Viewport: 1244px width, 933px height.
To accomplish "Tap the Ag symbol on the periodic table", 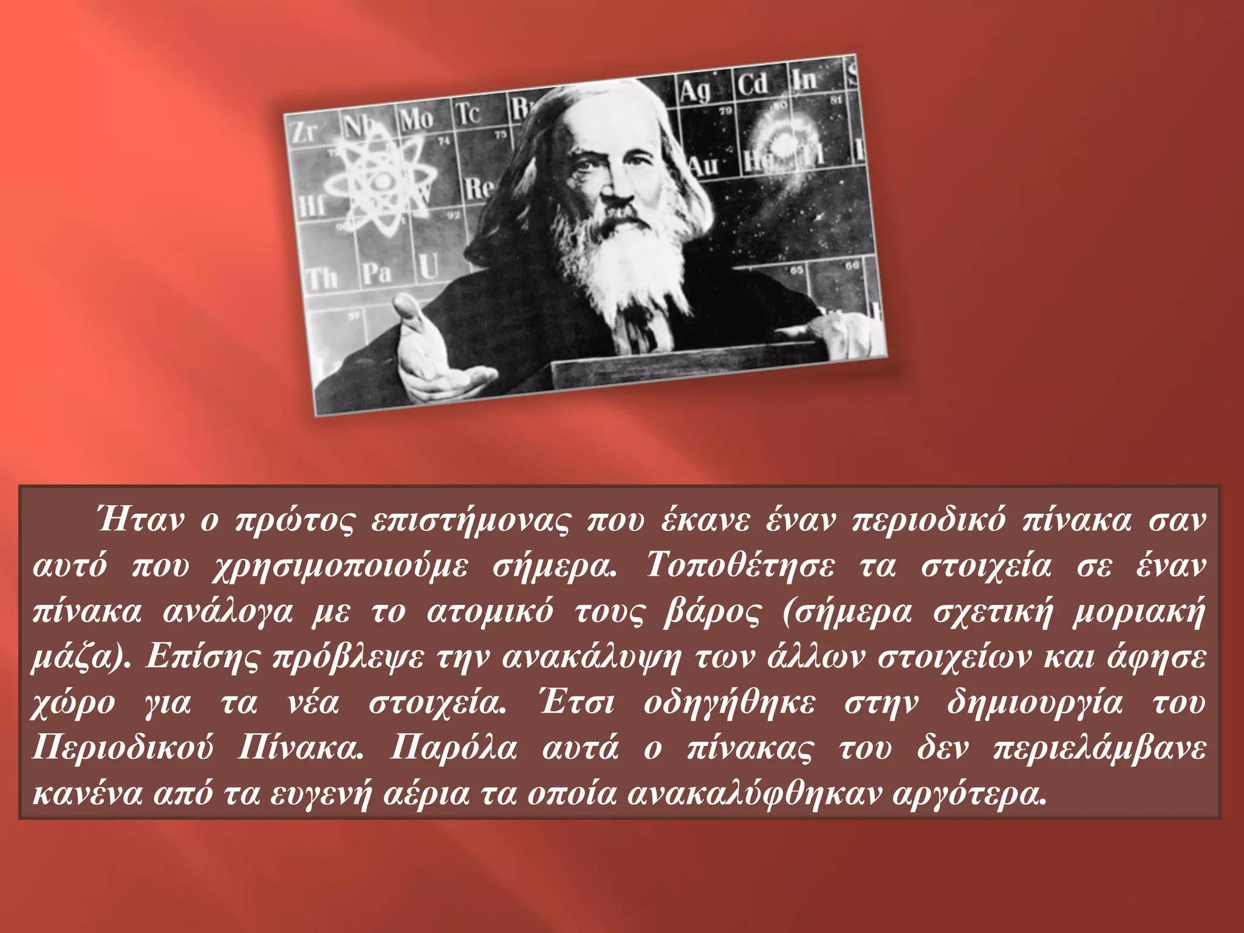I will pyautogui.click(x=695, y=91).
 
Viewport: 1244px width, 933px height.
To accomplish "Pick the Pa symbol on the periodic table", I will pyautogui.click(x=377, y=273).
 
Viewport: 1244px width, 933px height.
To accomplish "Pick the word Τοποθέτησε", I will pyautogui.click(x=739, y=566).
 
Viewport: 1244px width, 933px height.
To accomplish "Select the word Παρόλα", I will pyautogui.click(x=453, y=748).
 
